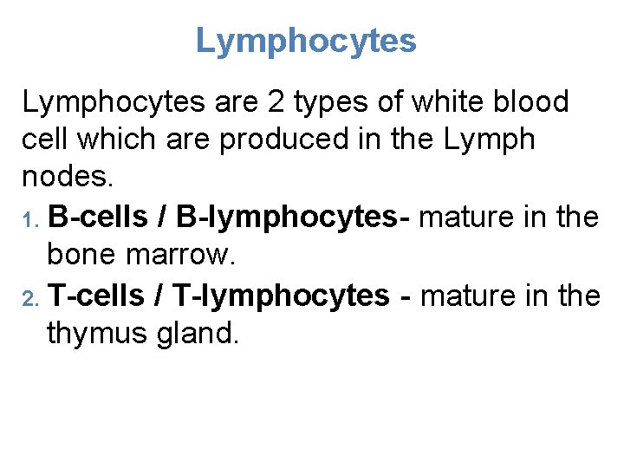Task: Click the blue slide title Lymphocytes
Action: click(x=306, y=41)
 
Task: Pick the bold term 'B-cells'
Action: click(x=98, y=217)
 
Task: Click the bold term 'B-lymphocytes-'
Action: click(x=286, y=217)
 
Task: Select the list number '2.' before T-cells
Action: click(x=32, y=297)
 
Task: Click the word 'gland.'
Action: click(x=195, y=334)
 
